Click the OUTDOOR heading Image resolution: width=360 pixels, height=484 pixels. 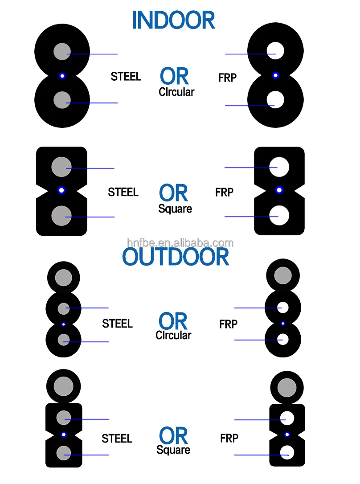[176, 257]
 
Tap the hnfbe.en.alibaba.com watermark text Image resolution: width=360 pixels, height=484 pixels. [180, 242]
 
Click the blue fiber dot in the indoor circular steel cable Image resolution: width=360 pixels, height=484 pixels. [62, 76]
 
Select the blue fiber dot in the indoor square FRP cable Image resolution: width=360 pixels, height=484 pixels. [279, 190]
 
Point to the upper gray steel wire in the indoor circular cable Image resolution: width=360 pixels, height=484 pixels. [62, 52]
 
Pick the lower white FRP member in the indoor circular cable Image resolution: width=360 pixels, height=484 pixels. [275, 99]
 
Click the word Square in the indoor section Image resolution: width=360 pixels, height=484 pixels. [175, 209]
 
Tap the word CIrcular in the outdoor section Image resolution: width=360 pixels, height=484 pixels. [173, 335]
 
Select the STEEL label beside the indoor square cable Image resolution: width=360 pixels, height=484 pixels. [123, 192]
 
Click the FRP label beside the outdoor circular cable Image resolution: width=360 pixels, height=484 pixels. [228, 324]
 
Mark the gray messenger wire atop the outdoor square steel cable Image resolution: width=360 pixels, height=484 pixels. [64, 386]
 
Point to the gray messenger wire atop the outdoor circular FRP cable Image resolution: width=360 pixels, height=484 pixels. [282, 275]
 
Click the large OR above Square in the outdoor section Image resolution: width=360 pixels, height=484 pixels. [173, 436]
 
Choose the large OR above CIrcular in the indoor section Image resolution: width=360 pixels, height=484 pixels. [174, 77]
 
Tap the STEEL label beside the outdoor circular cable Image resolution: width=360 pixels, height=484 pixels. [117, 324]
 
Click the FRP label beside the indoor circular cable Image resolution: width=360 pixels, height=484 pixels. [227, 78]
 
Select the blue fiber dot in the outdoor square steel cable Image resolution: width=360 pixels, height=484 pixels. [64, 434]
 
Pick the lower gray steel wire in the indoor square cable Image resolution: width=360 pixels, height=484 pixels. [61, 216]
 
